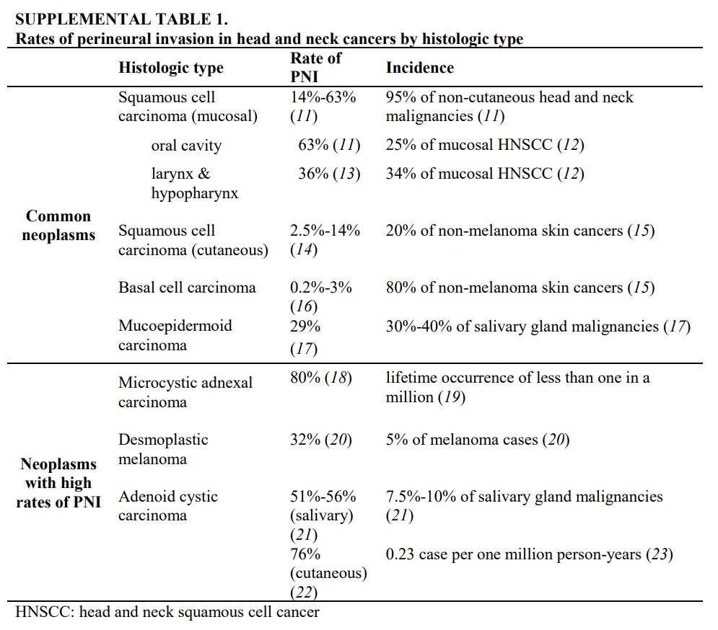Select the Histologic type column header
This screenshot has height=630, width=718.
point(171,68)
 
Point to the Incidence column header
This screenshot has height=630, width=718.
point(420,68)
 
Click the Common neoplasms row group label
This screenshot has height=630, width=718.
point(58,226)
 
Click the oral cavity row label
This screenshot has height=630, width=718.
point(186,146)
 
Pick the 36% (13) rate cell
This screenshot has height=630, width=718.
point(329,174)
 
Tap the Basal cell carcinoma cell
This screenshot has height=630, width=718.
point(187,288)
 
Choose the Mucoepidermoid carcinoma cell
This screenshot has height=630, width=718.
point(175,335)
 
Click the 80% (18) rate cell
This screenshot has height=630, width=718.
point(320,377)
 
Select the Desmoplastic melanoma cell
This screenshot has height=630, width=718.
point(163,449)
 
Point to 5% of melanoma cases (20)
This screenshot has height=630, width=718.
point(478,440)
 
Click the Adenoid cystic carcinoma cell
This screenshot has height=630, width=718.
point(168,506)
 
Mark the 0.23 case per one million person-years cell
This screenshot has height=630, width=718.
point(530,554)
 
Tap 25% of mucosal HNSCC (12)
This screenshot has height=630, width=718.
point(485,146)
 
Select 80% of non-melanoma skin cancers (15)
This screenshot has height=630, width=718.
point(520,288)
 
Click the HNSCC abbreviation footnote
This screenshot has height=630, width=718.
point(167,613)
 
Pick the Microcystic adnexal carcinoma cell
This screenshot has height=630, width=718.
point(185,391)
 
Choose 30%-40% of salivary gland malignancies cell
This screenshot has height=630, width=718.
point(538,327)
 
